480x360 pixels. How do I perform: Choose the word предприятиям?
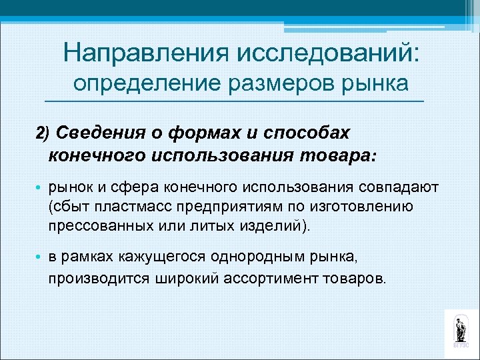pyautogui.click(x=229, y=207)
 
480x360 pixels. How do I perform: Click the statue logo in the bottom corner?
pyautogui.click(x=460, y=329)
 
